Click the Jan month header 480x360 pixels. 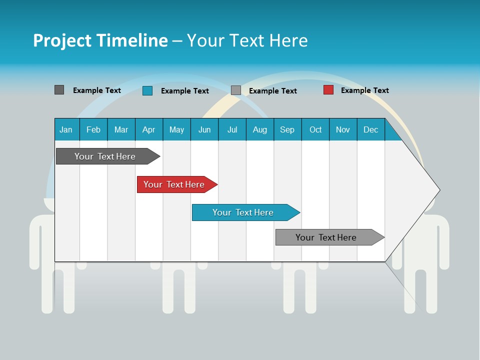click(x=66, y=129)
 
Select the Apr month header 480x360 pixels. click(x=148, y=129)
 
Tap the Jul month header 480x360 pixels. click(x=232, y=129)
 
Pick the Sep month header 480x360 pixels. click(x=287, y=129)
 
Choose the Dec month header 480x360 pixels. click(x=370, y=129)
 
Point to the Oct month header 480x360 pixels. click(x=315, y=129)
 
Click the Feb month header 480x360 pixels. click(x=93, y=129)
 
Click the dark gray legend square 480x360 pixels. click(x=59, y=90)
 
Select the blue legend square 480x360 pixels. click(x=147, y=90)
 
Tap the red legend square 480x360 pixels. click(x=328, y=90)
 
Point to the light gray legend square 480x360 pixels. click(x=236, y=90)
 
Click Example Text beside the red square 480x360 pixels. click(x=364, y=90)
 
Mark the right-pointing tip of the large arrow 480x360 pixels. click(x=438, y=190)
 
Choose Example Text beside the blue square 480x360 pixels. click(x=184, y=91)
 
